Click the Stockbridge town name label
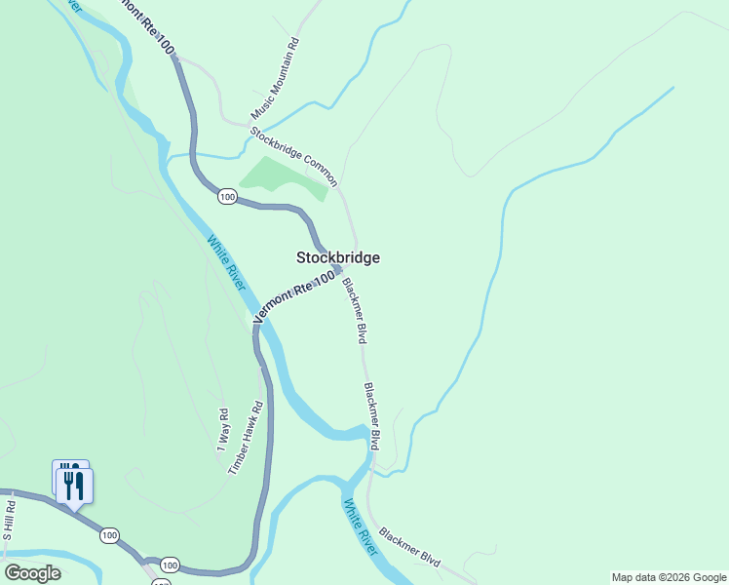coord(337,257)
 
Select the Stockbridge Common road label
coord(293,156)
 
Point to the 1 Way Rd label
coord(222,431)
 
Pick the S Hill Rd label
coord(9,521)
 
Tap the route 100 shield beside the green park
coord(227,197)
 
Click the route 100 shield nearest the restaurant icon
coord(109,534)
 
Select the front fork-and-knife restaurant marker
coord(75,485)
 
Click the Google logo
coord(32,573)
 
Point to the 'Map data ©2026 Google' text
coord(669,577)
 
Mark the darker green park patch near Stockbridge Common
coord(283,177)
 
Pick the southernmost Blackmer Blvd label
coord(410,549)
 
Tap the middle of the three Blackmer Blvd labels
coord(371,415)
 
